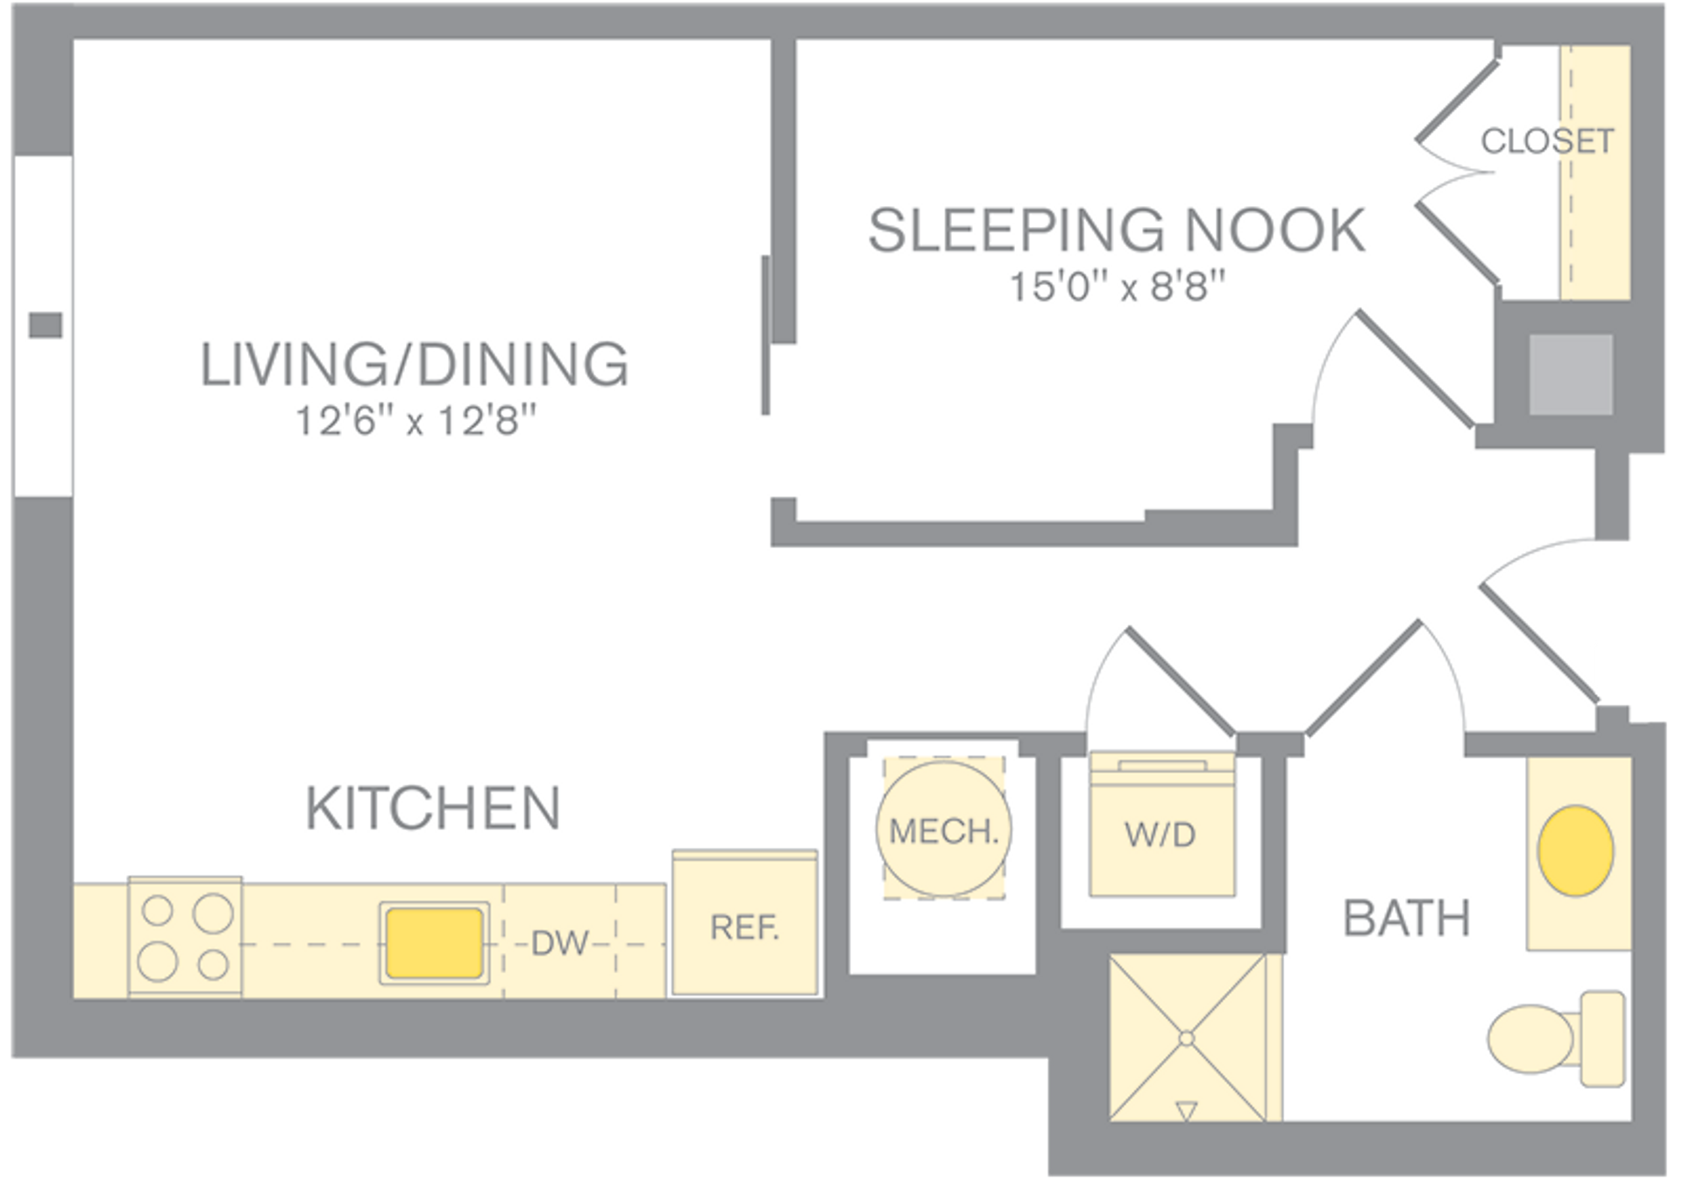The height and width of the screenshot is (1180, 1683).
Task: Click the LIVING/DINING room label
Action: tap(415, 364)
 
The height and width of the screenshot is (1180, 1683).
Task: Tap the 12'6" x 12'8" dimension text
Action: tap(415, 421)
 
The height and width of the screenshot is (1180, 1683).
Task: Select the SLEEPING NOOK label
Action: tap(1116, 231)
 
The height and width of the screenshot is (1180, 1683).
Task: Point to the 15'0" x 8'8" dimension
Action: tap(1117, 287)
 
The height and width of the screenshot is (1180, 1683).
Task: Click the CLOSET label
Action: tap(1547, 141)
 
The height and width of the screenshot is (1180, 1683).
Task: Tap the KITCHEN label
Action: tap(433, 807)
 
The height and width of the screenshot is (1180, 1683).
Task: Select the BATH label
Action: tap(1406, 919)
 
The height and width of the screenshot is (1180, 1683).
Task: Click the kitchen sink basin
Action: tap(434, 942)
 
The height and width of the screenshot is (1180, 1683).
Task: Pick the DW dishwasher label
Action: tap(560, 943)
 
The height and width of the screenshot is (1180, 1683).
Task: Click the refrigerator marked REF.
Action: tap(744, 925)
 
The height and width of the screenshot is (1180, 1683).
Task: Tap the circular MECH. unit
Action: tap(943, 828)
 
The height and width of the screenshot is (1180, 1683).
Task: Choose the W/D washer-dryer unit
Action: tap(1161, 833)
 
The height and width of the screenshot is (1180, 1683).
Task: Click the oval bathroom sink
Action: tap(1575, 850)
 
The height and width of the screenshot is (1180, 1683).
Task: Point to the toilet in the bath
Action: tap(1556, 1039)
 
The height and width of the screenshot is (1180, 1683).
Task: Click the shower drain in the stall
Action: tap(1186, 1039)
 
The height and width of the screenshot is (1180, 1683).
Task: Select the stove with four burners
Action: tap(185, 937)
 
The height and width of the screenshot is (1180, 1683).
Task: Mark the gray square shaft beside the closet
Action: tap(1571, 374)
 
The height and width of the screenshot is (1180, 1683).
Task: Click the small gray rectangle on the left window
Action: tap(46, 325)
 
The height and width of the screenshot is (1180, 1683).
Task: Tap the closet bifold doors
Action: tap(1455, 172)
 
